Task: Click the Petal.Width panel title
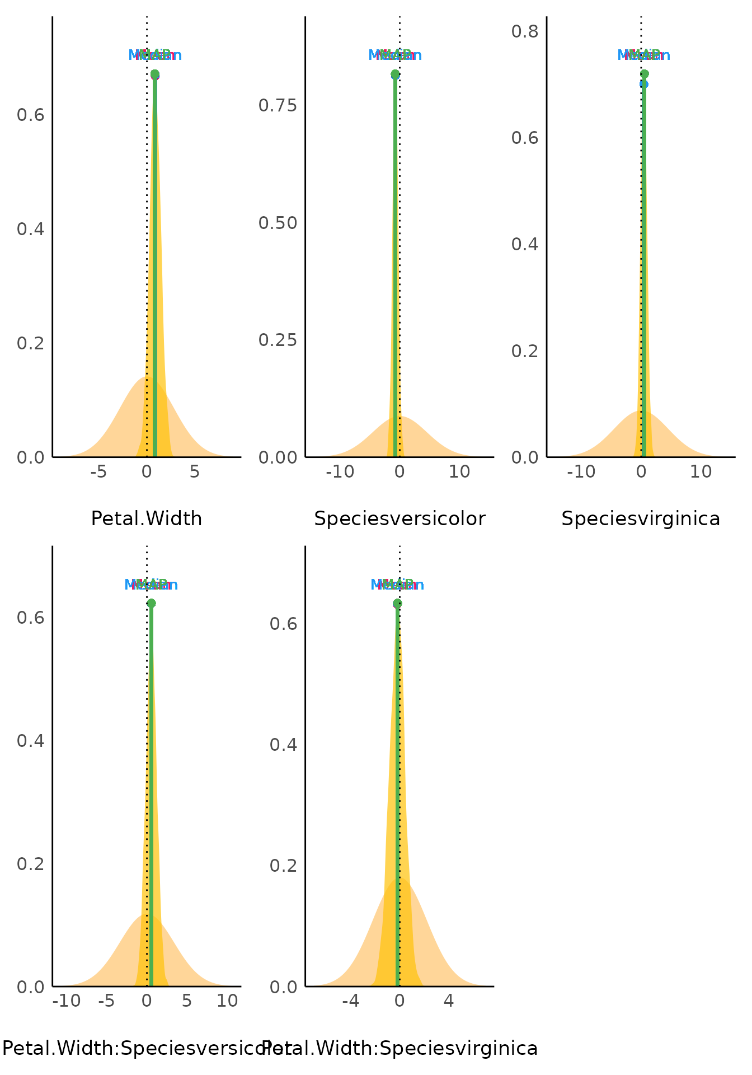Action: (x=147, y=518)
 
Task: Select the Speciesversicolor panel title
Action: (x=399, y=518)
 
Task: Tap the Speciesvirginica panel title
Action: (x=641, y=518)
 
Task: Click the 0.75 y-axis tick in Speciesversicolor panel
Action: (x=279, y=105)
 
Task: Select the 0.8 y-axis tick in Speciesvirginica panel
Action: (x=525, y=31)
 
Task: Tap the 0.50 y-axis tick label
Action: (x=279, y=223)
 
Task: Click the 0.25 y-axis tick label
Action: (x=279, y=340)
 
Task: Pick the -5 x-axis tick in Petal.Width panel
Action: (x=98, y=472)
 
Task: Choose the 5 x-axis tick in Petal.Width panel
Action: (x=194, y=472)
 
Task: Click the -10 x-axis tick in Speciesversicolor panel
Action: (x=340, y=472)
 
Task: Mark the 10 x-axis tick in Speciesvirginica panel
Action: (x=701, y=472)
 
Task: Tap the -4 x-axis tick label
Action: (x=351, y=1001)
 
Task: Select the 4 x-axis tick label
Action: (x=448, y=1001)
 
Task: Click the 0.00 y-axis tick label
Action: (x=279, y=457)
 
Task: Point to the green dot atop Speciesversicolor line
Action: (x=395, y=74)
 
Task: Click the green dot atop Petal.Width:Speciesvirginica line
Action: (x=397, y=603)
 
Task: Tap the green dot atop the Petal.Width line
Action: (x=154, y=74)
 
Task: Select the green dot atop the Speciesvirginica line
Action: (x=644, y=74)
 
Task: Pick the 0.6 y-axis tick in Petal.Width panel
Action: (x=30, y=115)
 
